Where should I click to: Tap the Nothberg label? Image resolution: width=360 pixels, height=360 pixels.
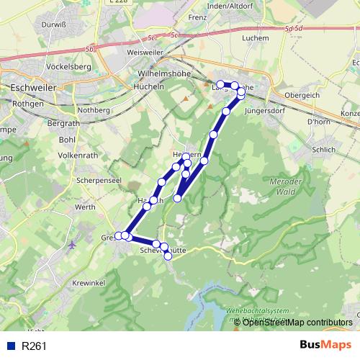tap(94, 110)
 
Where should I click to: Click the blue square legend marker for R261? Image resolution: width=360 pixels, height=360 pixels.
tap(9, 346)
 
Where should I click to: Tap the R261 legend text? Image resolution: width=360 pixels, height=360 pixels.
tap(34, 346)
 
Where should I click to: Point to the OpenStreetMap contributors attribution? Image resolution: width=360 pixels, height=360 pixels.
tap(297, 322)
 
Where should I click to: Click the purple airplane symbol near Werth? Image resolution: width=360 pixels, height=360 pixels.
tap(72, 246)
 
